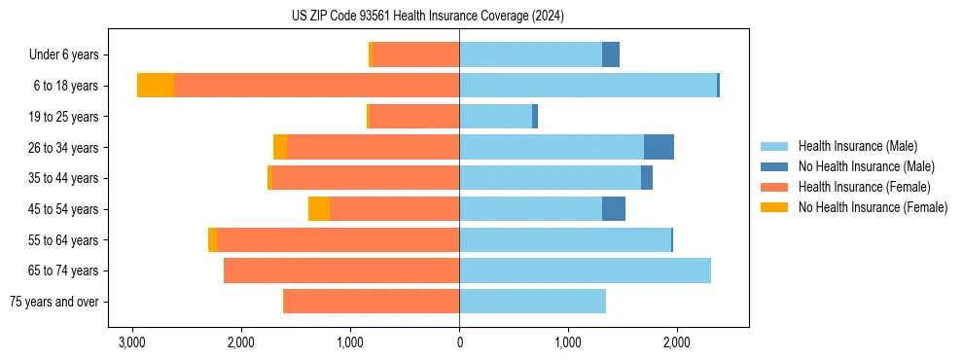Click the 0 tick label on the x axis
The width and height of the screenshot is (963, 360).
[459, 342]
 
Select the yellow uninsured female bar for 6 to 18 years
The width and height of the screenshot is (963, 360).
[156, 86]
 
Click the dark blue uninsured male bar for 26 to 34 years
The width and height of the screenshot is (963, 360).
[659, 147]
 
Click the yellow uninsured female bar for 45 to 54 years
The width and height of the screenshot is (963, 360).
[319, 209]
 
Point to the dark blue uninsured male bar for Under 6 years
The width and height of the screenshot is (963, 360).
[611, 55]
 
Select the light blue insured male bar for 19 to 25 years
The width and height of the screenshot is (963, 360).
[495, 117]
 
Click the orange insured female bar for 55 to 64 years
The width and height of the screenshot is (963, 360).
[338, 240]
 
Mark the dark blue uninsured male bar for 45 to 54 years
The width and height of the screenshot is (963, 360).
[614, 209]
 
